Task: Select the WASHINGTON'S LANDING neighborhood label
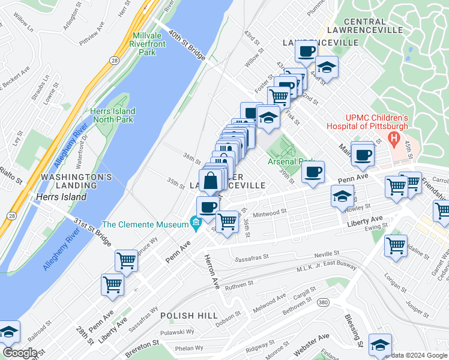(76, 182)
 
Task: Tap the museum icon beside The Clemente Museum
(195, 224)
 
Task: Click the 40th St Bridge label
(187, 46)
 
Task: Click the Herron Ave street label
(214, 271)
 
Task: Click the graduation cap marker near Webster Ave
(380, 344)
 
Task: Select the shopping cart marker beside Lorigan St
(396, 245)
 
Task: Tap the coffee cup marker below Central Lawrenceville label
(307, 52)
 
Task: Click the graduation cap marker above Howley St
(342, 196)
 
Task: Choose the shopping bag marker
(211, 181)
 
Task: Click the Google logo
(20, 352)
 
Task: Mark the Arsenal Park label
(291, 161)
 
